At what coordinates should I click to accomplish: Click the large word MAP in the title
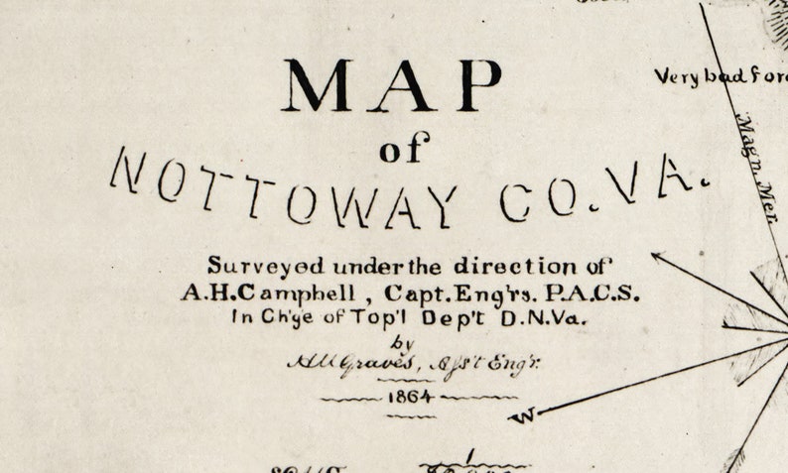click(x=393, y=85)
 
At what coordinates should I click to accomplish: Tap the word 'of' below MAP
click(x=404, y=152)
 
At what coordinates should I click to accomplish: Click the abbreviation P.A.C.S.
click(x=593, y=294)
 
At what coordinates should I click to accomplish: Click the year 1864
click(x=411, y=398)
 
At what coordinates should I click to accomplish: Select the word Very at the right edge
click(x=677, y=76)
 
